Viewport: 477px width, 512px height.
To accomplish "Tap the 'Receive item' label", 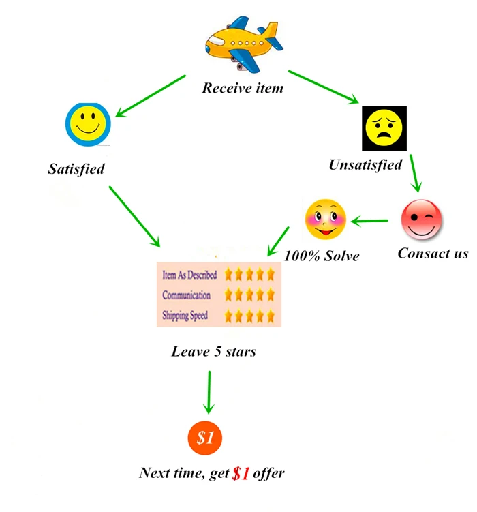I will [243, 88].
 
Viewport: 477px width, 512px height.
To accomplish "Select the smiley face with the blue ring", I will [87, 125].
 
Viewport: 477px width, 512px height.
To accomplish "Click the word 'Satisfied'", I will [76, 168].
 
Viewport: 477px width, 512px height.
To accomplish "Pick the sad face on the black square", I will [384, 128].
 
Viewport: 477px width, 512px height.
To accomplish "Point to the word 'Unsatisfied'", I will [365, 164].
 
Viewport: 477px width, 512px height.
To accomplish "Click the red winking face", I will [422, 221].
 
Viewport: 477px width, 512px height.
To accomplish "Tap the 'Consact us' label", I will [433, 254].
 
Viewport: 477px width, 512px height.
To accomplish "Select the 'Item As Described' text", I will [189, 275].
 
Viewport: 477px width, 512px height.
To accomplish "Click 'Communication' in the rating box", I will [186, 295].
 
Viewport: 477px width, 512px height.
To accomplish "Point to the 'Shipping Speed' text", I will [185, 316].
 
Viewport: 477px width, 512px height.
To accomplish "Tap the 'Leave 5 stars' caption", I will [214, 352].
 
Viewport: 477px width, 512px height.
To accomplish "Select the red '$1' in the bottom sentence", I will [241, 473].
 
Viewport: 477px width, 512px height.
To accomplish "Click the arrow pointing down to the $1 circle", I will [209, 392].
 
